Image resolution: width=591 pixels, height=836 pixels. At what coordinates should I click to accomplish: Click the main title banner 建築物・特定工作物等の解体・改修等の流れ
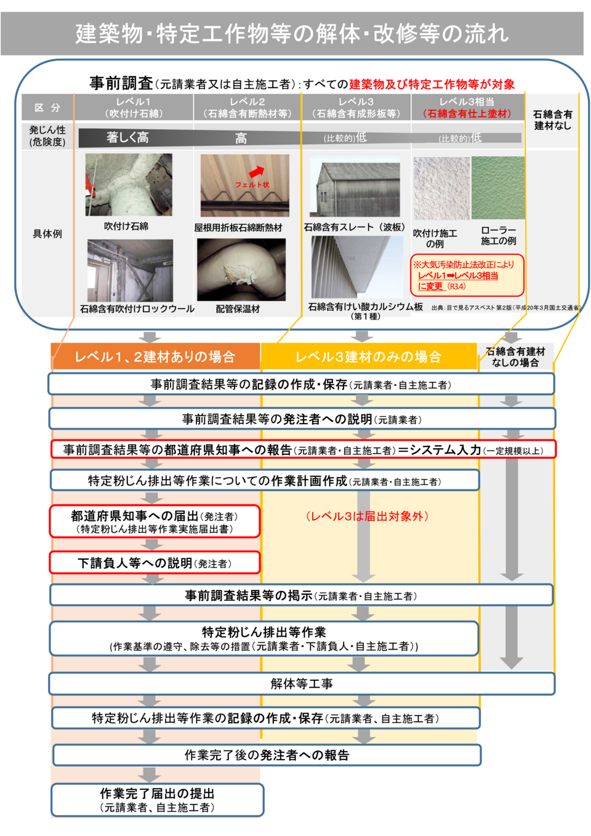tap(292, 33)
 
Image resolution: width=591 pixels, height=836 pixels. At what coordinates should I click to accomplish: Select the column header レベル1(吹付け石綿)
tap(134, 108)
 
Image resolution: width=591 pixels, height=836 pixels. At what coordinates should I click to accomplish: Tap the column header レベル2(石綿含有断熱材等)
tap(247, 108)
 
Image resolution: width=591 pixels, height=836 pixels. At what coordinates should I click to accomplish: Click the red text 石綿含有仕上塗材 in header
tap(467, 114)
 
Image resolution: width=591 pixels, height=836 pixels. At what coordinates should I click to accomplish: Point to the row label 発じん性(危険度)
tap(47, 136)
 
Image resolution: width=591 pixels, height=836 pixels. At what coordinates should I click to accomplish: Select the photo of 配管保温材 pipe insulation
tap(241, 269)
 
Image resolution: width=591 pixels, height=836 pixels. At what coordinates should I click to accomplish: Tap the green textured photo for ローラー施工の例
tap(498, 188)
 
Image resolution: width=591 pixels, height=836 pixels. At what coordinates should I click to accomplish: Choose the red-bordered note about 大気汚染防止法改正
tap(467, 275)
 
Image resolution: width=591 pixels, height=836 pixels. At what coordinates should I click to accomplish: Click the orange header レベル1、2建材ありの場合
tap(155, 356)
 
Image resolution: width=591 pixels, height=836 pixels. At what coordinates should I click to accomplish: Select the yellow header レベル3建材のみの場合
tap(368, 356)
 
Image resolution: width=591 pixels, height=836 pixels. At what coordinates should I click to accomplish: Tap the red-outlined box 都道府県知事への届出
tap(155, 521)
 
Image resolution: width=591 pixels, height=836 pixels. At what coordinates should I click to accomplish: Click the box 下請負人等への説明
tap(155, 563)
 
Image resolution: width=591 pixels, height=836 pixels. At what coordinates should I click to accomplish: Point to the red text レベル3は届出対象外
tap(367, 516)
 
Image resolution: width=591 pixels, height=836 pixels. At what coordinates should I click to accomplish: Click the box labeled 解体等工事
tap(302, 683)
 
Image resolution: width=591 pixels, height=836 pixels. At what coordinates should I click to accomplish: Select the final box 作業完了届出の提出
tap(158, 800)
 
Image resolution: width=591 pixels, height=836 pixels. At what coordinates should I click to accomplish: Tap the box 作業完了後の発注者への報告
tap(267, 755)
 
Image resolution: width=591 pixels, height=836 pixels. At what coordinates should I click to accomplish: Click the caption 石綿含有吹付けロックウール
tap(137, 309)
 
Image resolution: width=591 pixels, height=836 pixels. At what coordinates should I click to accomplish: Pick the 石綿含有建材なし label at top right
tap(552, 119)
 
